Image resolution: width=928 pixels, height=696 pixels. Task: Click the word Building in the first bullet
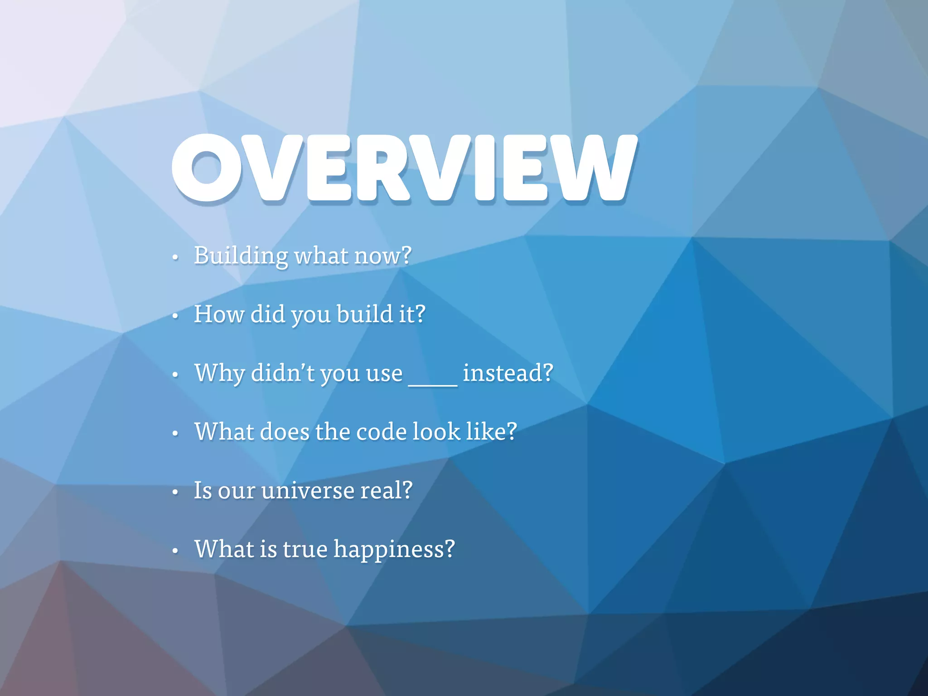[241, 256]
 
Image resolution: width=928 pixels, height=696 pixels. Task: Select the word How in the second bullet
[219, 314]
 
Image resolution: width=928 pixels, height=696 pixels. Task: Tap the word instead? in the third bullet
[508, 373]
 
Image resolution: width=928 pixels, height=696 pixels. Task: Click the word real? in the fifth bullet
[387, 491]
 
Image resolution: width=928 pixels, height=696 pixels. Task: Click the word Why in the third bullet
[219, 373]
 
